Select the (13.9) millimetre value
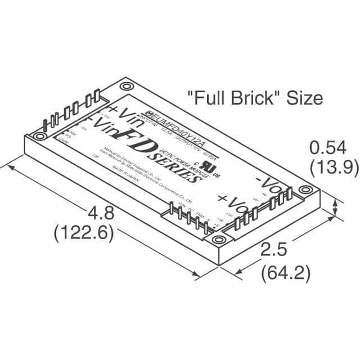328,166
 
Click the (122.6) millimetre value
84,232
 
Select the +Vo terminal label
232,204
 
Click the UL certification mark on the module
210,166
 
